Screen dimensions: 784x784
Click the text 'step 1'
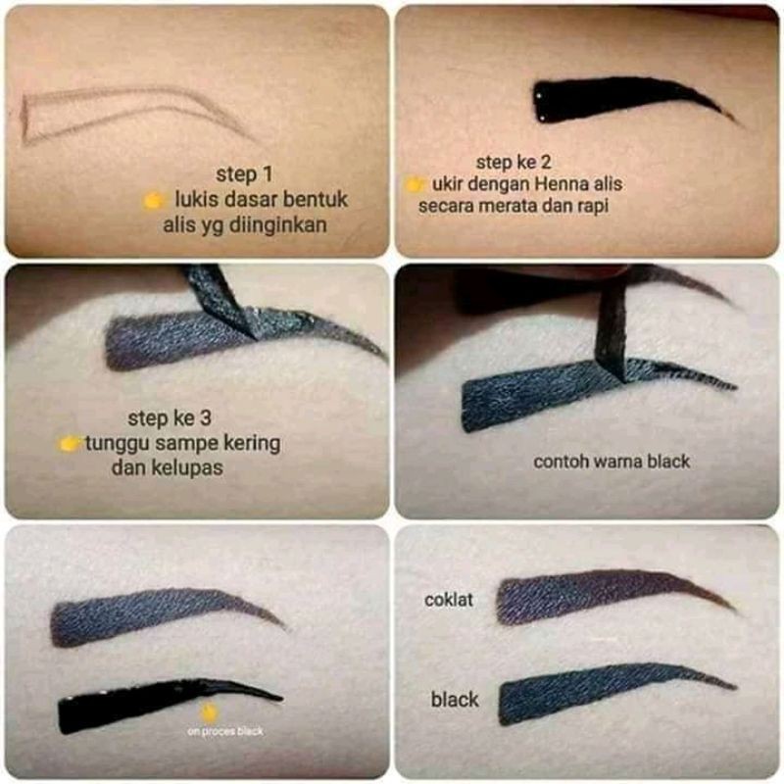click(x=244, y=174)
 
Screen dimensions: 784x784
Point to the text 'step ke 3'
click(x=170, y=418)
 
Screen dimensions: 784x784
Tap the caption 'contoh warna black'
click(x=612, y=462)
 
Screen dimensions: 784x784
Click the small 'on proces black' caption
click(x=225, y=731)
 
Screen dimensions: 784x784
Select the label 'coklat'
click(x=449, y=600)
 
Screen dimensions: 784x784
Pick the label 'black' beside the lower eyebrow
click(x=455, y=700)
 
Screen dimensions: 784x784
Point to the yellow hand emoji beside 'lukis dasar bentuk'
click(x=154, y=201)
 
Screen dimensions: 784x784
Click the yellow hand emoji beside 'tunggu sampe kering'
click(x=69, y=443)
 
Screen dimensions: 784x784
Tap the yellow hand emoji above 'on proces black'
click(x=209, y=712)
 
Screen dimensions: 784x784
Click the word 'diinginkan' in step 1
click(x=277, y=225)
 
